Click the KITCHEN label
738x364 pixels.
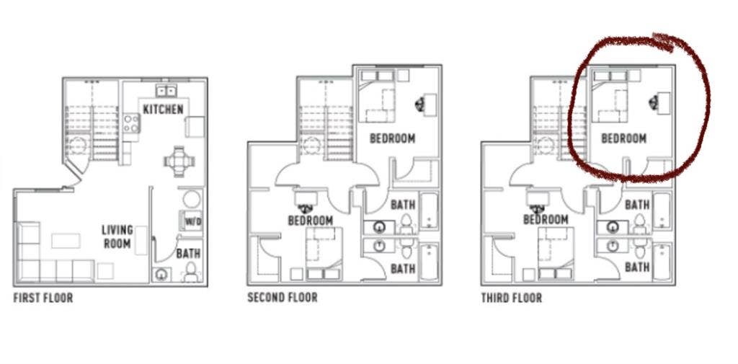pos(163,110)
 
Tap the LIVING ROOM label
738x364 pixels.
pos(117,236)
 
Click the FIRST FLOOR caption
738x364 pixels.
pos(43,298)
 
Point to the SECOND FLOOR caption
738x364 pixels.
pos(283,298)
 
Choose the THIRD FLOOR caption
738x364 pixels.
pos(511,298)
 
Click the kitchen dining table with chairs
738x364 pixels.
pos(179,161)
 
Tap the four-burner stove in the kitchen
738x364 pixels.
pos(131,123)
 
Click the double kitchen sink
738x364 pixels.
pos(165,90)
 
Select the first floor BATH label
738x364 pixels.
pos(188,254)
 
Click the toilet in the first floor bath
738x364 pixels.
pos(190,272)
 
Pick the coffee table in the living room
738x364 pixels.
pos(66,241)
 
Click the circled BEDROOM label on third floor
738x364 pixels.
pos(623,138)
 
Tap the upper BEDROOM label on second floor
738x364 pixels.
pos(393,138)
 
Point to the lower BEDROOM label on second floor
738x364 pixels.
pos(310,221)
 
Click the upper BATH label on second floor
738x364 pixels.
pos(404,205)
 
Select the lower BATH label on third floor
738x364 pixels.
pos(637,267)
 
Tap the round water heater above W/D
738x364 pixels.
pos(192,199)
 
